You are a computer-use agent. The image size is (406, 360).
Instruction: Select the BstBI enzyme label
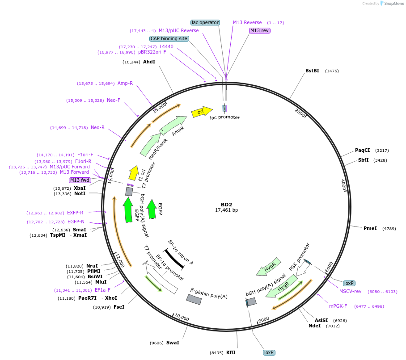click(x=312, y=71)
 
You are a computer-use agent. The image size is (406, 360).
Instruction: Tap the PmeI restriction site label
click(x=370, y=228)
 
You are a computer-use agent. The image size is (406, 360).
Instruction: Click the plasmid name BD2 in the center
click(x=227, y=204)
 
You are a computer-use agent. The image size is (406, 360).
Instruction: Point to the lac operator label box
click(x=205, y=22)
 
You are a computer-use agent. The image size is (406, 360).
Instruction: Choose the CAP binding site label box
click(x=169, y=38)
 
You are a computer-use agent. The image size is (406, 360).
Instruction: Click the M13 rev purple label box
click(x=260, y=30)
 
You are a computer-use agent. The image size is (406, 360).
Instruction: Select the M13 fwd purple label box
click(x=80, y=180)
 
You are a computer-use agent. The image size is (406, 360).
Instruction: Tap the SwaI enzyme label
click(x=173, y=343)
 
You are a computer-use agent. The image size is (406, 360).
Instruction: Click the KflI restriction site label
click(x=231, y=352)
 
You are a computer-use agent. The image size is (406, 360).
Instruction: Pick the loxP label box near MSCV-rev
click(x=349, y=283)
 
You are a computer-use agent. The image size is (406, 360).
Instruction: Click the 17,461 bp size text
click(x=227, y=210)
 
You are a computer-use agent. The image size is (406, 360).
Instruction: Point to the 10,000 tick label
click(x=182, y=318)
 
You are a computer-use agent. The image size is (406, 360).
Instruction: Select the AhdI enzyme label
click(x=149, y=62)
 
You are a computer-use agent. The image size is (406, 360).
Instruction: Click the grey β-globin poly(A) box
click(x=194, y=300)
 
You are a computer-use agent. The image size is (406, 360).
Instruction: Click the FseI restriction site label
click(x=119, y=307)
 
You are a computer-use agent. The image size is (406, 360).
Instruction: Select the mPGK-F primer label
click(x=338, y=306)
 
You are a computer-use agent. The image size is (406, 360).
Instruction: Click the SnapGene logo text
click(x=393, y=4)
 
